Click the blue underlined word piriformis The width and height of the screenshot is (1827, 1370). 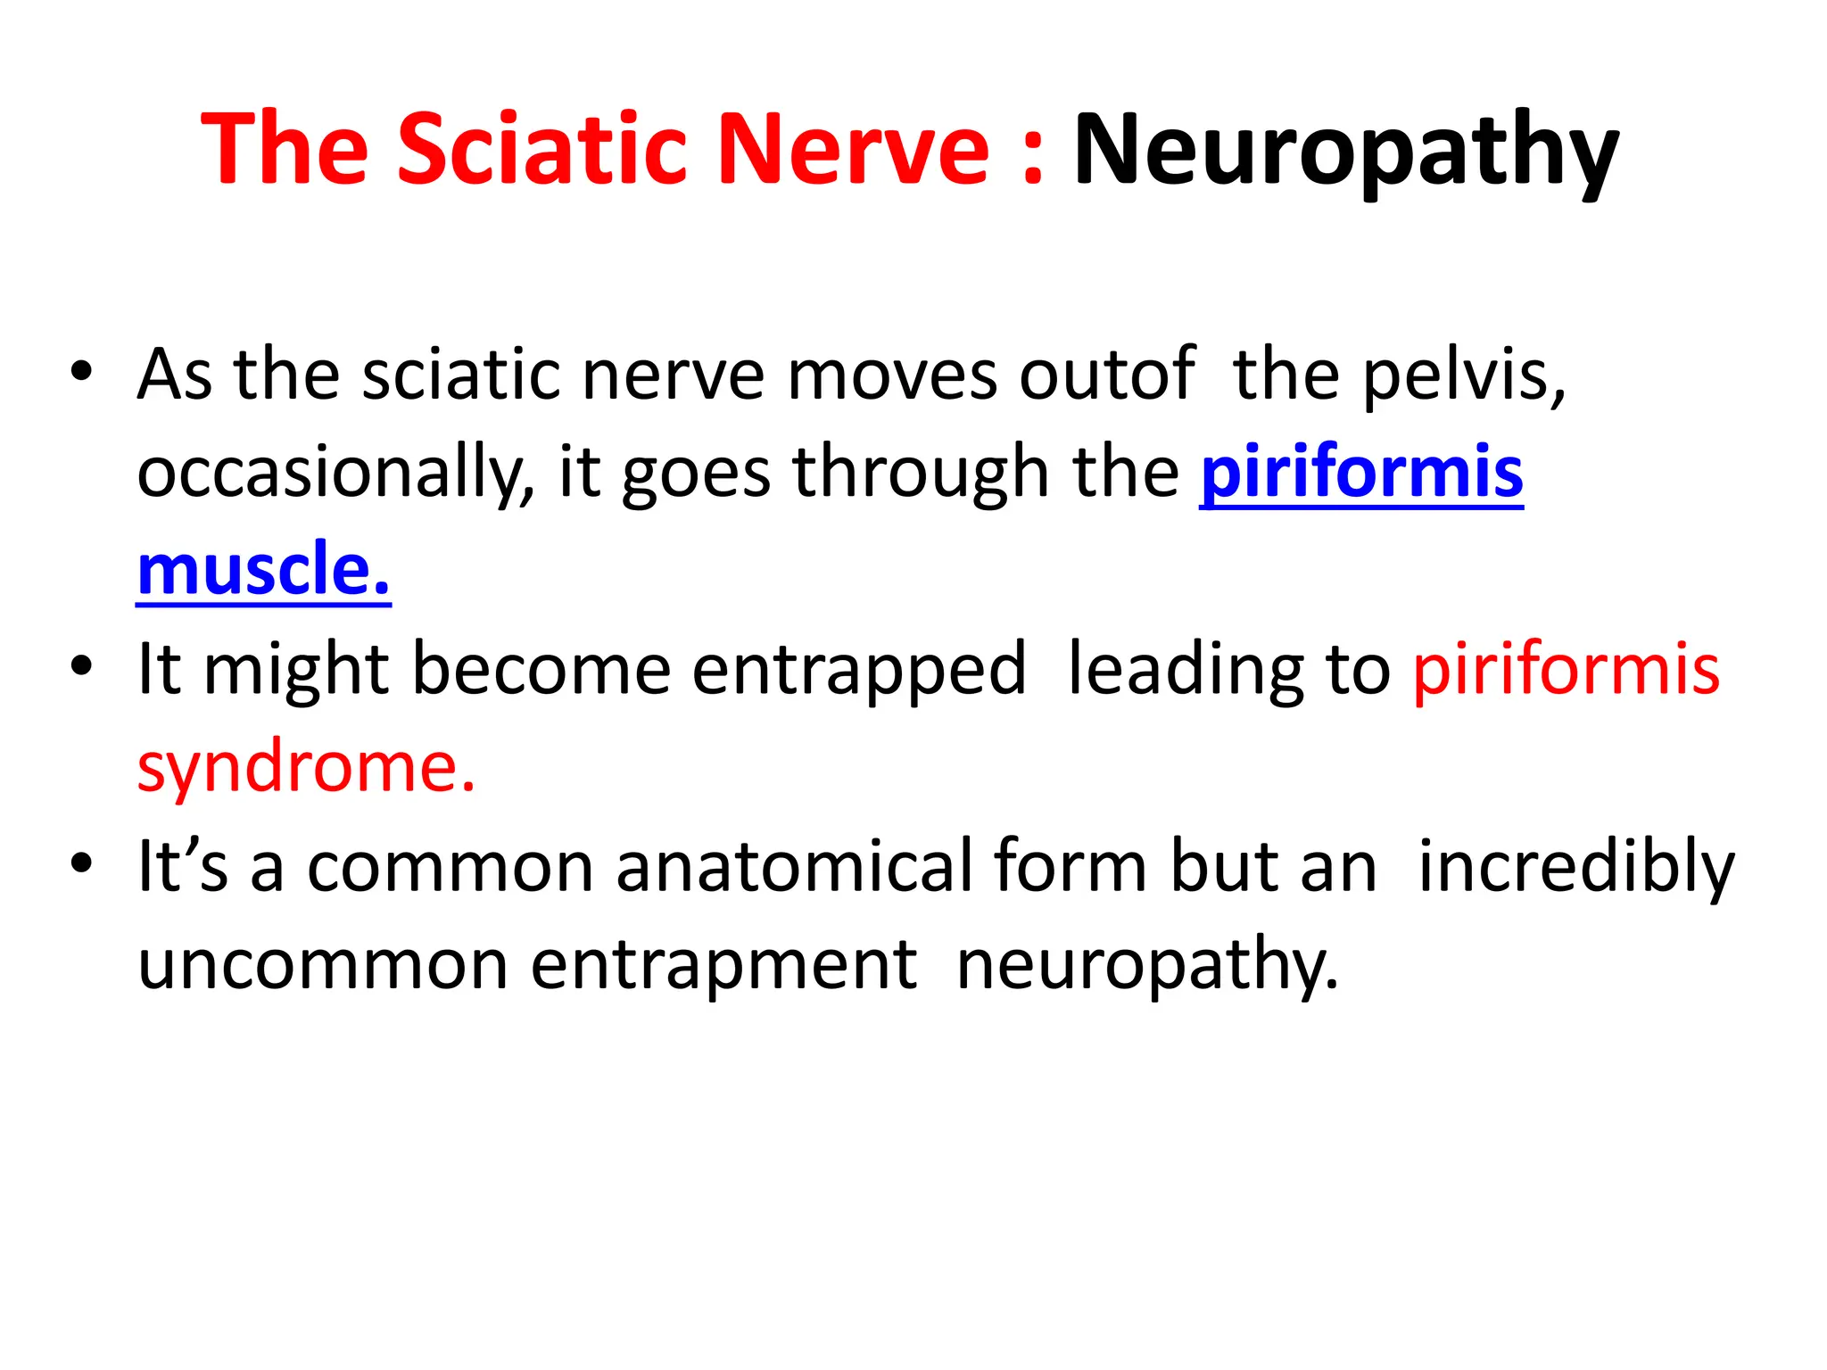1361,473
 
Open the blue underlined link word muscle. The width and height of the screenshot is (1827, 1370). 263,571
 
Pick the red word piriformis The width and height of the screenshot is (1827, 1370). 1566,669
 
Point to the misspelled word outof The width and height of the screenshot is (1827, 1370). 1107,375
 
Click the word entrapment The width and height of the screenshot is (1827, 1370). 723,965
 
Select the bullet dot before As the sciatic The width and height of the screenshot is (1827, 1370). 81,373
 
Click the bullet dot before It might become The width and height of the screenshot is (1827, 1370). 81,667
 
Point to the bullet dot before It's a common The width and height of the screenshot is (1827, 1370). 81,864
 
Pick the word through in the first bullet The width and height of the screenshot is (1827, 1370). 920,473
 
